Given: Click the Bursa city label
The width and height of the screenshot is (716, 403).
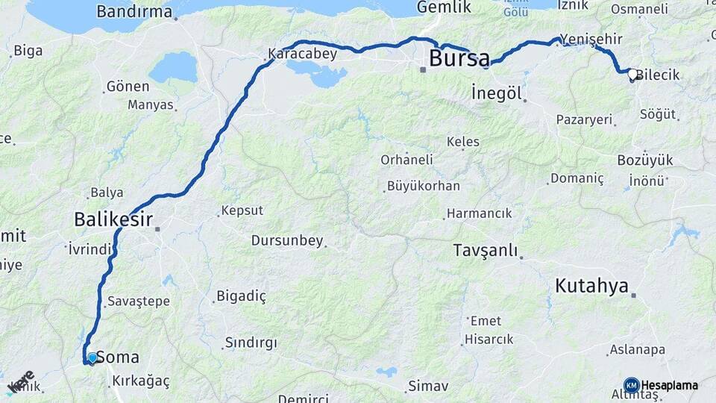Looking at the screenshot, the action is point(459,58).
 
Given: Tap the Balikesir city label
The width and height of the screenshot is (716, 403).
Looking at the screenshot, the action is point(113,219).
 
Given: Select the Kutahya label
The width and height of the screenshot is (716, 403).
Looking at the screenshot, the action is point(592,286).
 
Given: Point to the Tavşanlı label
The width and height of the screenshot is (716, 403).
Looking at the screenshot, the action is point(486,251).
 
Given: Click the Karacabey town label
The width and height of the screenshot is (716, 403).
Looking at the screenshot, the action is point(302,54).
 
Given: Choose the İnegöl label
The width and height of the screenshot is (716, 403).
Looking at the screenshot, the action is point(497,93).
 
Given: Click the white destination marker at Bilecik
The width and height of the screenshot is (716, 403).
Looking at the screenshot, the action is point(632,74).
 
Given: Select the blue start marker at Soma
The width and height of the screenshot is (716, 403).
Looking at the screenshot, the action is point(92,358).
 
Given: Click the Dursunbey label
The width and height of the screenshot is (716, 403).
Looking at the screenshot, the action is point(287,240).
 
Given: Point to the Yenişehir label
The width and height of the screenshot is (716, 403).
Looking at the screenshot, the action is point(590,39).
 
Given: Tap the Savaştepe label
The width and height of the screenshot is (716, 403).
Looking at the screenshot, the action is point(139,302).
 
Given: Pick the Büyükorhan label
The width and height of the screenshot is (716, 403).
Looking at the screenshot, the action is point(424,186).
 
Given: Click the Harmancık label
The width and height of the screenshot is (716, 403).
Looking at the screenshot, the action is point(479,213).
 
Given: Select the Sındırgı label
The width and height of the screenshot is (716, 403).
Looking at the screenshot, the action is point(251,343).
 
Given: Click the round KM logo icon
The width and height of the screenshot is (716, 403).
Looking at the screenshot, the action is point(631,385).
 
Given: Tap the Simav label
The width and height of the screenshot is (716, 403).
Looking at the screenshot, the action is point(427,386).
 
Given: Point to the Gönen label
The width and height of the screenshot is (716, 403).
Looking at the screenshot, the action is point(128,86).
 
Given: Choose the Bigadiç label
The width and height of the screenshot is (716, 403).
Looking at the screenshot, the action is point(241,296).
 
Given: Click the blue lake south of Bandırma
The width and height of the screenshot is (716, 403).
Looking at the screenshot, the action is point(172,68).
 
